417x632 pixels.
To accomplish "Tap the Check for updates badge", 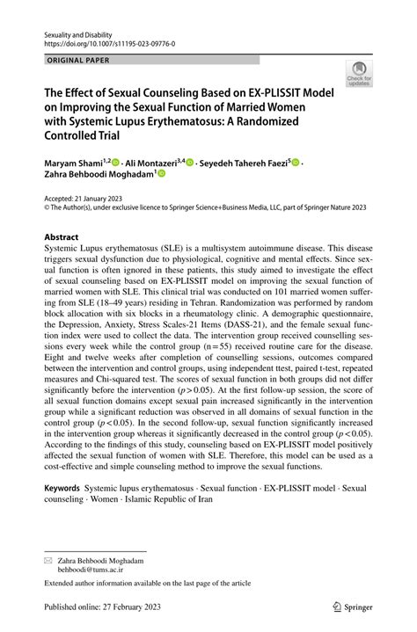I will point(358,76).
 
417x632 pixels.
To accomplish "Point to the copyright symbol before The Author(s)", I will point(48,208).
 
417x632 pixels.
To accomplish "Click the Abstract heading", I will point(62,237).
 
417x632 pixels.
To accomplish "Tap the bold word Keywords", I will point(63,485).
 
